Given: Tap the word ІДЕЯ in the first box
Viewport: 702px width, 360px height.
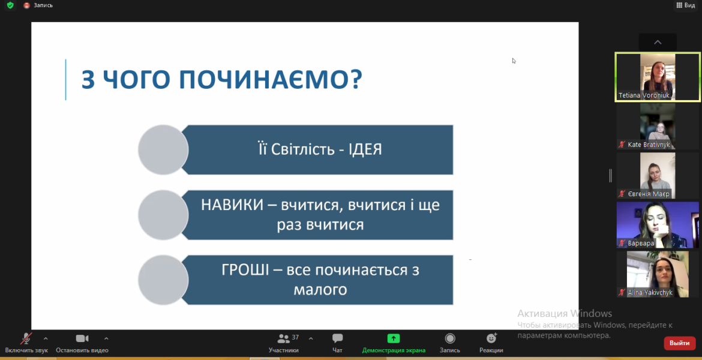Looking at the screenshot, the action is [x=364, y=149].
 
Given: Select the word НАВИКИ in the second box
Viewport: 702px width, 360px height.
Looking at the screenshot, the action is [x=232, y=205].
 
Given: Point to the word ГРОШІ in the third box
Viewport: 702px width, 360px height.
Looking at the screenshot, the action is [x=245, y=271].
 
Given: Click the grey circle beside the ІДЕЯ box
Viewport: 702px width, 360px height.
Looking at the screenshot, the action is [x=163, y=149].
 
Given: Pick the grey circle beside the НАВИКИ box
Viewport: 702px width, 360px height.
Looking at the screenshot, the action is [x=163, y=215].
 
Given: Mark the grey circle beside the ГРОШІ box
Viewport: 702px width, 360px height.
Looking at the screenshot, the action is [x=163, y=280].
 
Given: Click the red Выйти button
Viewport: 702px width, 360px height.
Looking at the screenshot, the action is [x=679, y=343].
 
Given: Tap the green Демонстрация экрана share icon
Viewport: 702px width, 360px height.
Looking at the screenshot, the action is [x=394, y=338].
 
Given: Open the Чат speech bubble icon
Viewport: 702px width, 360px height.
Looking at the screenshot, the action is [x=338, y=338].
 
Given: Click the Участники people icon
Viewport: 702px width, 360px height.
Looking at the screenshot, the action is [x=283, y=338].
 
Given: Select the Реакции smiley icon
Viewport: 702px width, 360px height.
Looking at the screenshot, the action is [x=491, y=338].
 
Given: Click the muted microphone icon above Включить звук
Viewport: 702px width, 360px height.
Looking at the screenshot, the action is [x=26, y=338].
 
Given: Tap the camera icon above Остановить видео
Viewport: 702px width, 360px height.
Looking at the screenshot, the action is [x=82, y=338].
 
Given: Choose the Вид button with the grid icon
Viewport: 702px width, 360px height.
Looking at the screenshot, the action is [x=685, y=5].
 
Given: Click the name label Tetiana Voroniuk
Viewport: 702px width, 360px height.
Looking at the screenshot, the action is [x=644, y=95].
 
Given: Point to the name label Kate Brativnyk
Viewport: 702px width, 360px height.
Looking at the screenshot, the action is [x=649, y=145].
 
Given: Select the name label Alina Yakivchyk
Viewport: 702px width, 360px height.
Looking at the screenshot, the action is [x=650, y=292].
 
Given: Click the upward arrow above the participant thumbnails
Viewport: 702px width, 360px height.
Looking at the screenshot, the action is [x=658, y=43].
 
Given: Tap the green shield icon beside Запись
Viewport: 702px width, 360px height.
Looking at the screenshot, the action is [x=10, y=5].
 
